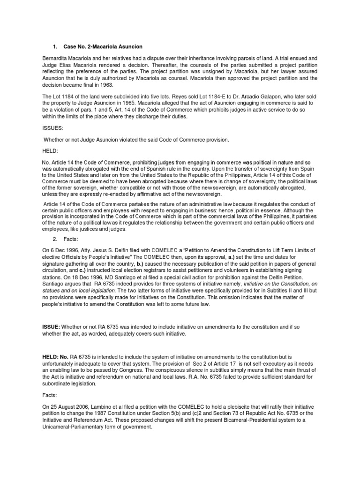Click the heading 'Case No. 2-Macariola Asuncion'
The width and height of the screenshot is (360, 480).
coord(103,47)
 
